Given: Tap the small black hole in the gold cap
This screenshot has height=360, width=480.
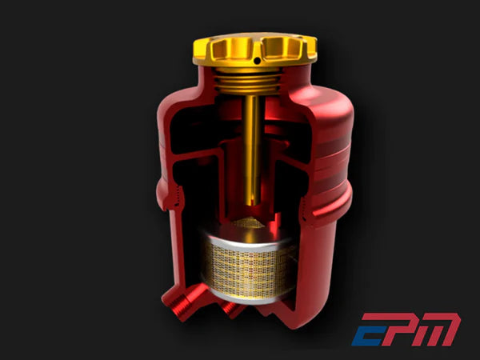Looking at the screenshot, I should pyautogui.click(x=256, y=59).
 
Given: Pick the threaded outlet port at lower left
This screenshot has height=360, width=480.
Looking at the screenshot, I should pyautogui.click(x=178, y=304).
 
